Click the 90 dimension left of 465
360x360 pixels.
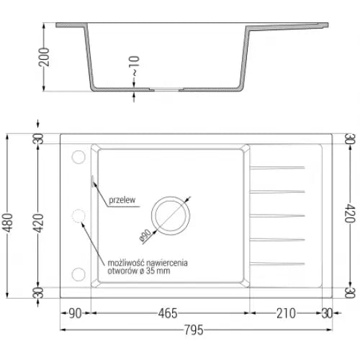tap(75, 313)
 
